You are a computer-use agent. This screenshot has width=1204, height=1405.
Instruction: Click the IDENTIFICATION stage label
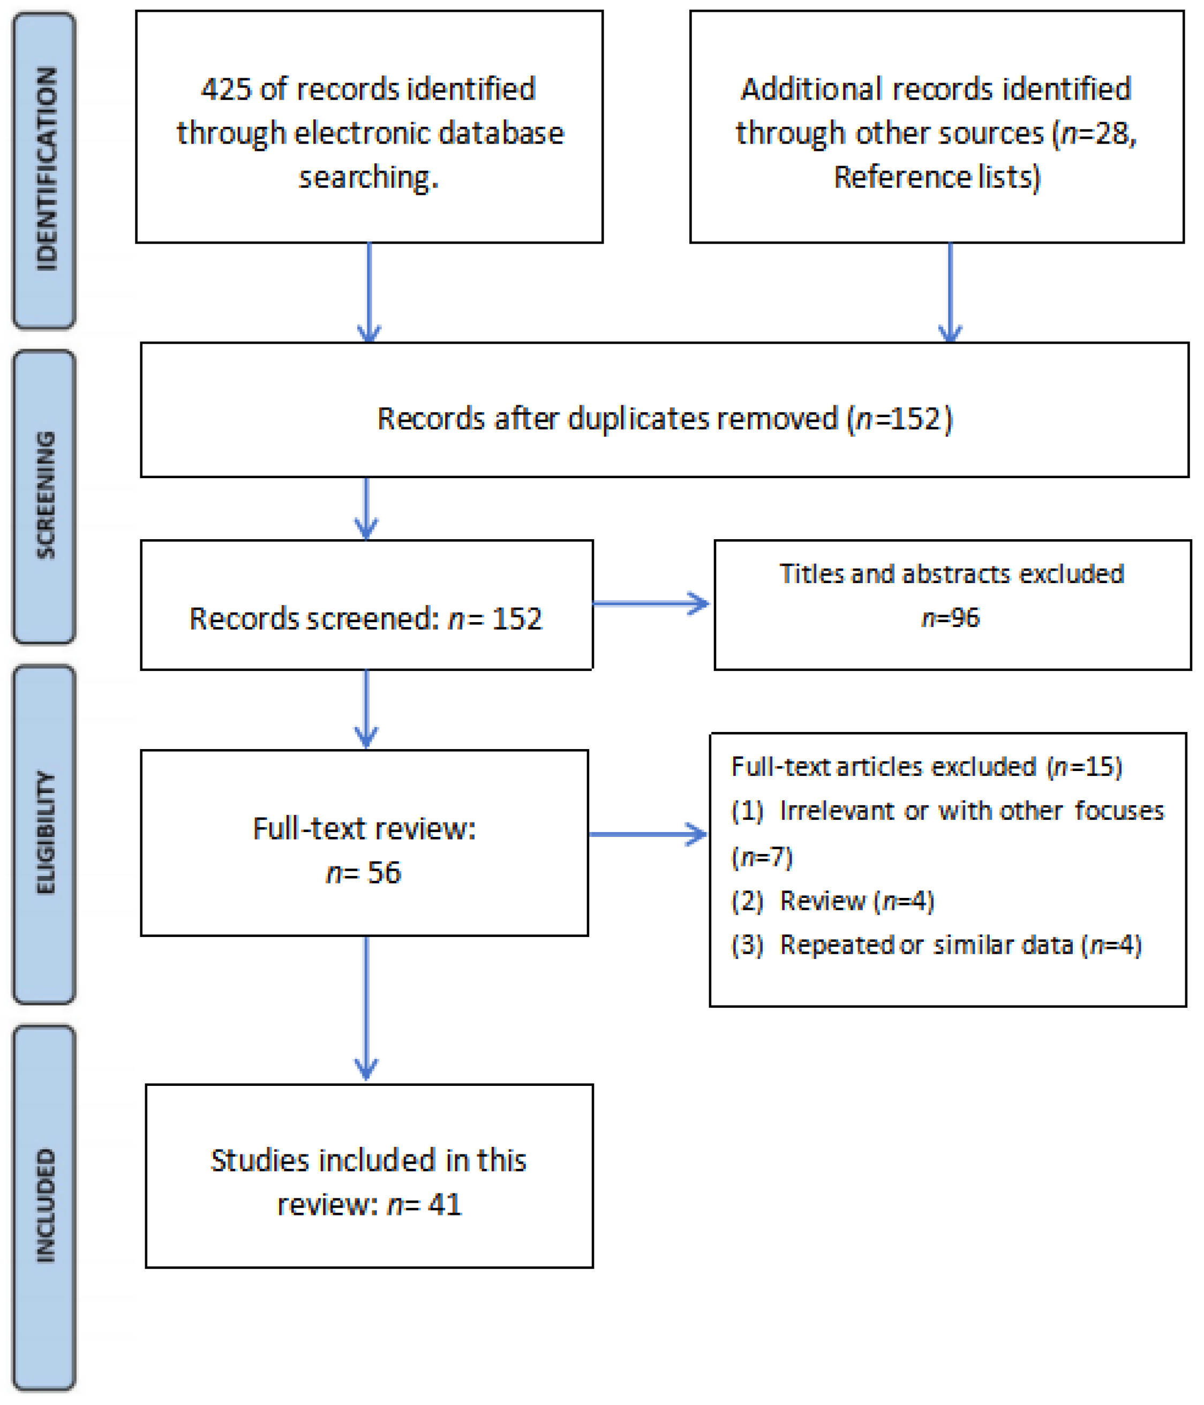pyautogui.click(x=46, y=170)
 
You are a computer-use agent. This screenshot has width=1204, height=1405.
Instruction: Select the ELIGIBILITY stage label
pyautogui.click(x=46, y=833)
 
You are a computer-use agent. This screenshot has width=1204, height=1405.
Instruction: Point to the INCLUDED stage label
pyautogui.click(x=46, y=1206)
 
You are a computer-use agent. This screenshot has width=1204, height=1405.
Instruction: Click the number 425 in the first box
pyautogui.click(x=226, y=89)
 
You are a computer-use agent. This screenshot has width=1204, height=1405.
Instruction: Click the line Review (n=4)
pyautogui.click(x=856, y=901)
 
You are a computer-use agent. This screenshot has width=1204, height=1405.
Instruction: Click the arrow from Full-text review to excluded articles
pyautogui.click(x=647, y=834)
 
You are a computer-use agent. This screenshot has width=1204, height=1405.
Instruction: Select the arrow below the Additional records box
pyautogui.click(x=950, y=292)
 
